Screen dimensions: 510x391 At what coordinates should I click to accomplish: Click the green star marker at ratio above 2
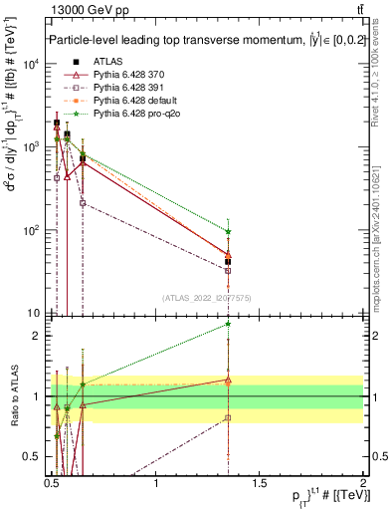[x=229, y=324]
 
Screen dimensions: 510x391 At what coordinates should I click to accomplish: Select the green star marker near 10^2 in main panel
[x=229, y=231]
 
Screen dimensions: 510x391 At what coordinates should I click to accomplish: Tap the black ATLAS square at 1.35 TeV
[x=229, y=262]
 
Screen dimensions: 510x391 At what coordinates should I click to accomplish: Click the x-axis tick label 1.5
[x=260, y=483]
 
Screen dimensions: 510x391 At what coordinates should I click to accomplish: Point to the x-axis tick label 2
[x=363, y=483]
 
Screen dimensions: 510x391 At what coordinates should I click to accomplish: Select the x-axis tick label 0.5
[x=53, y=483]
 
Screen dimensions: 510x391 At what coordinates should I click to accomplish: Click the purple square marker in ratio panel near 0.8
[x=229, y=417]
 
